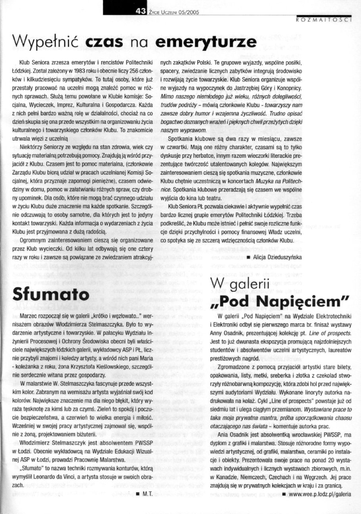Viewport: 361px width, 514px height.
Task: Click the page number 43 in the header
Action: [141, 12]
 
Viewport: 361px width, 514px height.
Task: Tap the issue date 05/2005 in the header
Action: [188, 12]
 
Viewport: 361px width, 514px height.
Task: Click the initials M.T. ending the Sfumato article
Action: [148, 494]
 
